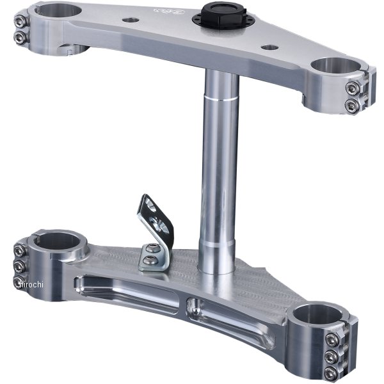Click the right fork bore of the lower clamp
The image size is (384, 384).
[x=319, y=314]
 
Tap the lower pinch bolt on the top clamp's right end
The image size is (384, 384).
[x=351, y=104]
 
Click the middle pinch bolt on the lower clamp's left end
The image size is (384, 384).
[x=19, y=265]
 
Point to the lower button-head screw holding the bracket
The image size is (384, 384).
[x=147, y=260]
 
